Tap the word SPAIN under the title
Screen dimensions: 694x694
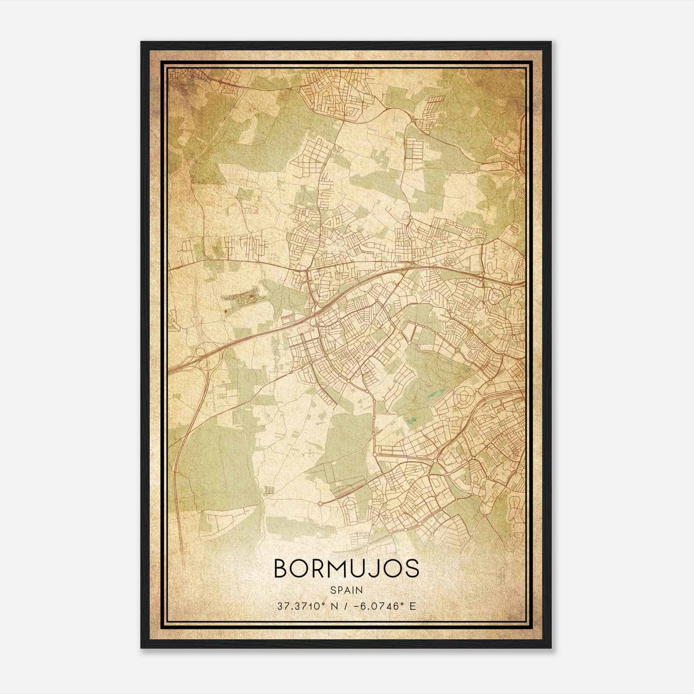(346, 590)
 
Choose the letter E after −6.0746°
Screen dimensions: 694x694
(412, 606)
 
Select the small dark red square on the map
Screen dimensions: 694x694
(226, 311)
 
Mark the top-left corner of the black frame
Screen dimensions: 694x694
(141, 42)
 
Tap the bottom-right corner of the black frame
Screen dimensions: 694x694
(551, 648)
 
